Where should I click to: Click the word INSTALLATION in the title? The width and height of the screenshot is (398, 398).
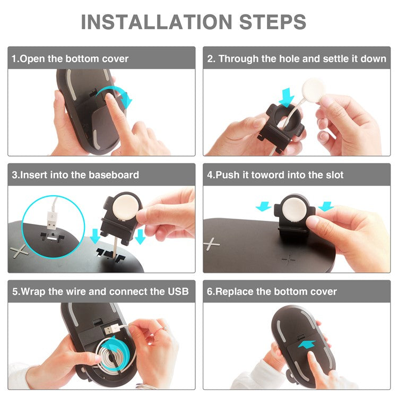(x=157, y=22)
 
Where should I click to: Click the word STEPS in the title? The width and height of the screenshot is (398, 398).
(x=273, y=22)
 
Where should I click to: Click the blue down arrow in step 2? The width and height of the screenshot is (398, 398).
(x=287, y=97)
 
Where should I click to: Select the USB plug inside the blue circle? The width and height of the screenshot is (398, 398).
(x=52, y=221)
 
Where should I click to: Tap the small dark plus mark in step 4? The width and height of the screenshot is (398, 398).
(x=289, y=259)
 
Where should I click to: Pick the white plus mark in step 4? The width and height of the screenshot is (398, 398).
(x=211, y=244)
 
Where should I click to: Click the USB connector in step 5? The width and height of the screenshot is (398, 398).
(x=111, y=330)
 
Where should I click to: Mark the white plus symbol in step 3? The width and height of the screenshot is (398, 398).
(x=20, y=251)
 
